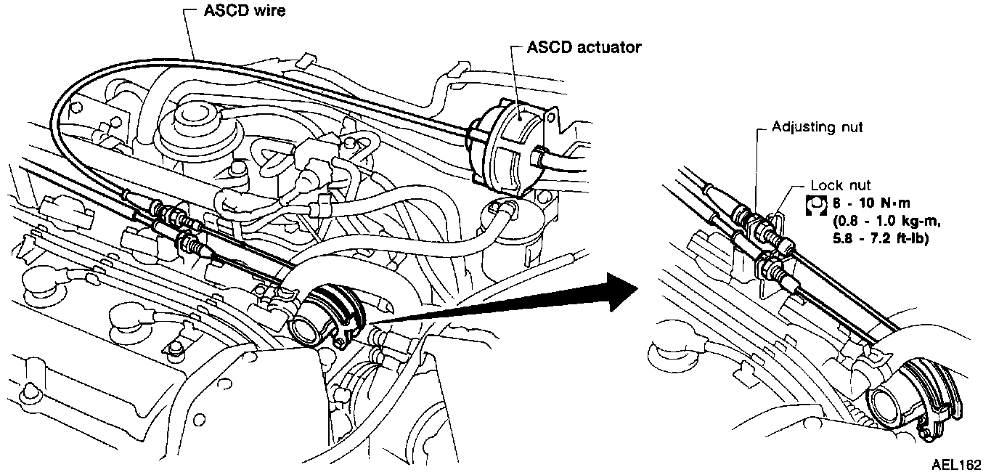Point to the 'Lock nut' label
coord(841,186)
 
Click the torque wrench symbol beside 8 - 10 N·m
coord(817,205)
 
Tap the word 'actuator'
coord(611,48)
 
